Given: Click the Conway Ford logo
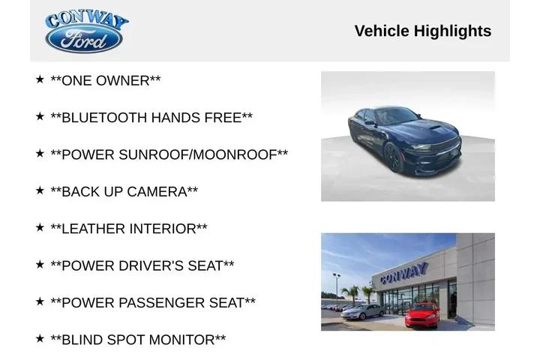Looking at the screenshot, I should (85, 31).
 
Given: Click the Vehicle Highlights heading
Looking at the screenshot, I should (422, 31).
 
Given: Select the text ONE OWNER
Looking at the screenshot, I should (105, 80).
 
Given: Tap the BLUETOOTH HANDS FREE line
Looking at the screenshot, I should (151, 118).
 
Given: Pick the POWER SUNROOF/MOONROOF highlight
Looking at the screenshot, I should (169, 154).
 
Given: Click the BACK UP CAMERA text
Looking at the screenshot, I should (124, 191).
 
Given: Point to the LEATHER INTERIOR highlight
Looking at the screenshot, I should (128, 228).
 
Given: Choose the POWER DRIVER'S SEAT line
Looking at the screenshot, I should (142, 265).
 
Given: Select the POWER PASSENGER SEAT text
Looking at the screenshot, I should (152, 302).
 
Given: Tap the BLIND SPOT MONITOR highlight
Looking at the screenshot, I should (137, 340).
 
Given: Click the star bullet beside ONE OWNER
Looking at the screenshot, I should (40, 79).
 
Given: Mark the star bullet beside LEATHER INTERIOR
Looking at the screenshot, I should (40, 227).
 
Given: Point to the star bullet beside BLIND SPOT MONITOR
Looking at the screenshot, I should (40, 338).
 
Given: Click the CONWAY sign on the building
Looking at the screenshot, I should (403, 274).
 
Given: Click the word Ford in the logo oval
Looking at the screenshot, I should (84, 40).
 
